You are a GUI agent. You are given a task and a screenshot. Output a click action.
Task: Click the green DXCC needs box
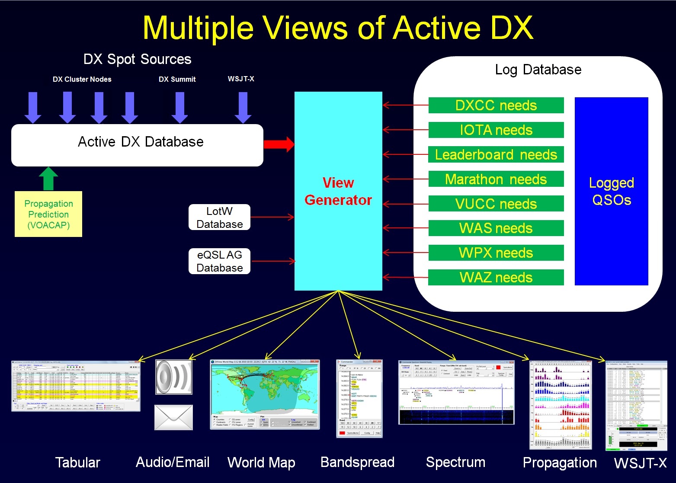pos(496,106)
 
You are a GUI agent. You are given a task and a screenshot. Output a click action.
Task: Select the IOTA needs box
pos(496,130)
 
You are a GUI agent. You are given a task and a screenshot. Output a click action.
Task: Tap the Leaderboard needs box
pos(496,155)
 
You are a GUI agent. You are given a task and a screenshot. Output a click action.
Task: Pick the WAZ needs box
pos(496,278)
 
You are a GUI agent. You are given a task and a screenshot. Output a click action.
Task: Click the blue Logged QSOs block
pos(611,191)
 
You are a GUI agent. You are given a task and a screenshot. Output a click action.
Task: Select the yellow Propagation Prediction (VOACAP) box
pos(48,214)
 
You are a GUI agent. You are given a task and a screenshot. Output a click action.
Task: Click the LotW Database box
pos(219,218)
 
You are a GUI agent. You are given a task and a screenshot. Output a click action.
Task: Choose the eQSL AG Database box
pos(219,261)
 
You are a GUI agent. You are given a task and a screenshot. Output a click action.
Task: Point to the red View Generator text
pos(338,192)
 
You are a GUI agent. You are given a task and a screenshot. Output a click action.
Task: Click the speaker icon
pos(173,377)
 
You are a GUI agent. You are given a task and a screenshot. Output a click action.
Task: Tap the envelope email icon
pos(173,417)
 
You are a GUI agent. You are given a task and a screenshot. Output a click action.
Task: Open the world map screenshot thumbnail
pos(265,394)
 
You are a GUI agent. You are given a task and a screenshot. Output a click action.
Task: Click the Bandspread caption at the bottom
pos(357,462)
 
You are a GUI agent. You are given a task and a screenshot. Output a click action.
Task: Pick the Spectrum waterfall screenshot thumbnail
pos(456,392)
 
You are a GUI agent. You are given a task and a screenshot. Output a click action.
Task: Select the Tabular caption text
pos(77,462)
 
